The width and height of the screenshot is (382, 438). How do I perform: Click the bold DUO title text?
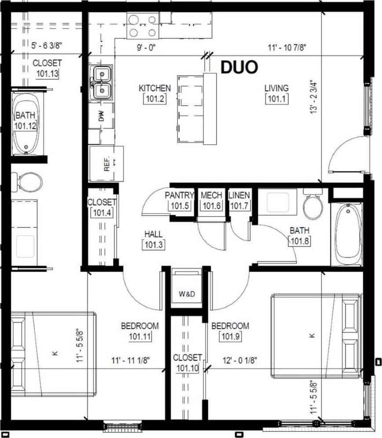point(239,67)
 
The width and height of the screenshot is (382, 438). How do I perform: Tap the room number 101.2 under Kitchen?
point(154,99)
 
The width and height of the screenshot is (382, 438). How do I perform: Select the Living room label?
point(276,88)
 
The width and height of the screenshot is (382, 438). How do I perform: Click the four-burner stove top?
point(143,26)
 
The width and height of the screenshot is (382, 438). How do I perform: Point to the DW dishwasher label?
point(102,117)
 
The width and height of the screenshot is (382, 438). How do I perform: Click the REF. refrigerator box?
point(106,163)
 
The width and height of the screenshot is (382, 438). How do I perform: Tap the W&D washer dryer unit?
point(187,294)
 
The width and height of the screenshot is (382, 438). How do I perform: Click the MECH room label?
point(211,195)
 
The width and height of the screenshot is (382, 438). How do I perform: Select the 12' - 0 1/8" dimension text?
point(240,360)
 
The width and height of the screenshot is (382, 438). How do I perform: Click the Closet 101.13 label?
point(47,68)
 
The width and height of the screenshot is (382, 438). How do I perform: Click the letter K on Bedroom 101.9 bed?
point(313,335)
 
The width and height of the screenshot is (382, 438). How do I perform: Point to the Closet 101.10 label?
point(187,363)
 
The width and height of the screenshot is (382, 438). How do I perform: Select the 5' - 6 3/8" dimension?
point(46,44)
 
